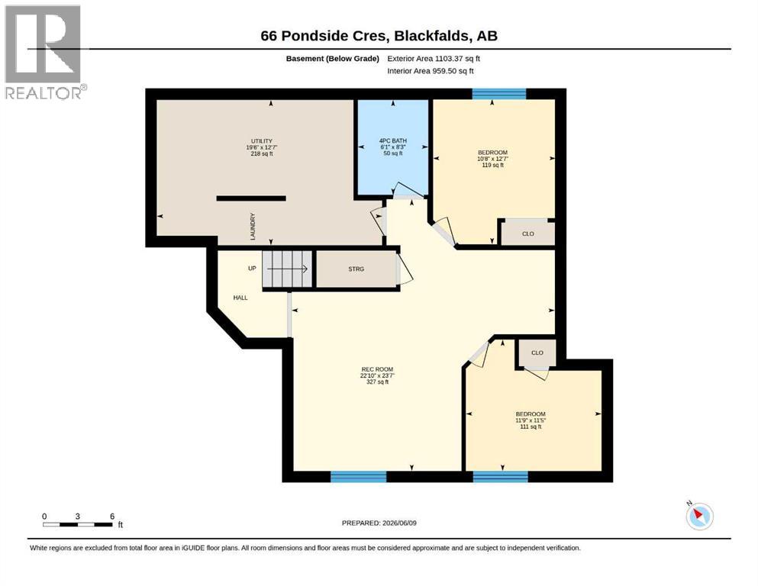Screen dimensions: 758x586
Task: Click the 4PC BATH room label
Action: tap(393, 141)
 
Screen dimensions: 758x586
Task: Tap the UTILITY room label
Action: tap(262, 141)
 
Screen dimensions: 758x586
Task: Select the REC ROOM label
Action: tap(377, 369)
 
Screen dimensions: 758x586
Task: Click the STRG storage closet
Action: tap(356, 269)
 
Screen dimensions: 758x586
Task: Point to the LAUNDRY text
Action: tap(253, 227)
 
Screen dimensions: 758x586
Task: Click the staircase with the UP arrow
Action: tap(287, 269)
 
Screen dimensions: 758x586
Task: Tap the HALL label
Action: tap(240, 298)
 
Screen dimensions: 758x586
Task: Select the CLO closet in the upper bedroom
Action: tap(527, 233)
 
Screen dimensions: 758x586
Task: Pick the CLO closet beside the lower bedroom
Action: tap(537, 353)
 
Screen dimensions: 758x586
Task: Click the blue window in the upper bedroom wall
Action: tap(499, 94)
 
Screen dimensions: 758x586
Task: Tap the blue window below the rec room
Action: tap(359, 476)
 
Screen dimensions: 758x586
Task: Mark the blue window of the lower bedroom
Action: tap(500, 476)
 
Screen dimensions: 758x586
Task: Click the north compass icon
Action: tap(699, 516)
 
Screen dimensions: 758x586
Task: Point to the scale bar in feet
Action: tap(78, 524)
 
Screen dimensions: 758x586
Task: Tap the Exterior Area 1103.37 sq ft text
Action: tap(434, 59)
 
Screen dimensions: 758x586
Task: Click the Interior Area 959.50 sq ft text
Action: tap(431, 71)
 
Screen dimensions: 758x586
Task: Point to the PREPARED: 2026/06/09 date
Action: tap(379, 523)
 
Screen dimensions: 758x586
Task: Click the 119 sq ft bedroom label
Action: tap(492, 165)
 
